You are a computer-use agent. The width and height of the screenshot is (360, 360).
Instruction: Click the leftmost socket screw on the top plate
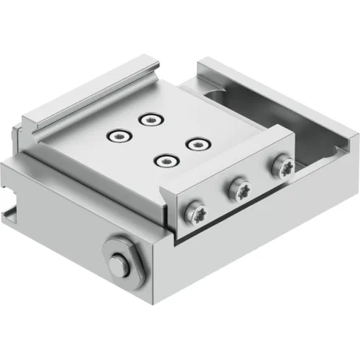click(117, 135)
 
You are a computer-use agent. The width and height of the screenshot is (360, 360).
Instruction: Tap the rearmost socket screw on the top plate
click(151, 118)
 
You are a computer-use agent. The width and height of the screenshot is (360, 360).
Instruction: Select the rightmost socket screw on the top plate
click(194, 143)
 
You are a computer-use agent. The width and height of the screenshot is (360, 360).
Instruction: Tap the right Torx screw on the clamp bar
click(282, 167)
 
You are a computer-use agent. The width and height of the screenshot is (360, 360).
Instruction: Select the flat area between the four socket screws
click(156, 140)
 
